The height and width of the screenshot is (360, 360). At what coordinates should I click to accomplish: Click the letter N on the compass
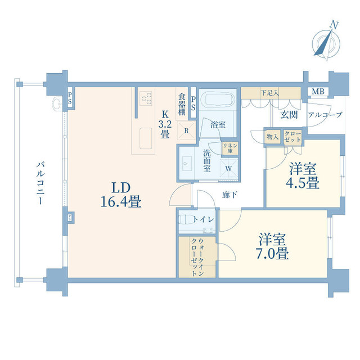tap(334, 25)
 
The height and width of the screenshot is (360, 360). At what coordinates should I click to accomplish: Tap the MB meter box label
tap(318, 92)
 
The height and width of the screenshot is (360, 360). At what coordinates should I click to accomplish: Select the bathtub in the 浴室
tap(217, 100)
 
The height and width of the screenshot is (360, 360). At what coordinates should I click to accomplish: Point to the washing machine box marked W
tap(229, 168)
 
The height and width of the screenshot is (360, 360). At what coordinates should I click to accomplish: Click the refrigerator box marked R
tap(186, 130)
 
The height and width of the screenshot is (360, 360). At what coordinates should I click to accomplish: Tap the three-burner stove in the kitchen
tap(146, 98)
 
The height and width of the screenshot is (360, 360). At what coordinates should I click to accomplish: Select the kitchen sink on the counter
tap(146, 138)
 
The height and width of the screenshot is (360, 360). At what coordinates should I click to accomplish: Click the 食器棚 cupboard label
tap(182, 104)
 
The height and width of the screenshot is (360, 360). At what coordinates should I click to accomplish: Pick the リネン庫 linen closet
tap(229, 148)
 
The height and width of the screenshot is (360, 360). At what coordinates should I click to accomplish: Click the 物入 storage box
tap(272, 137)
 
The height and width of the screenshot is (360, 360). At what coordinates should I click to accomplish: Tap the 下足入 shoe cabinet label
tap(270, 93)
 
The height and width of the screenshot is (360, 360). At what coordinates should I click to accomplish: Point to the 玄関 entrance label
tap(289, 115)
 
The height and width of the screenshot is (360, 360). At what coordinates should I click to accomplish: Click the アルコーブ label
tap(325, 115)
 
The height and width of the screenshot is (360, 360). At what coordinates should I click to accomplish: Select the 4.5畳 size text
tap(303, 183)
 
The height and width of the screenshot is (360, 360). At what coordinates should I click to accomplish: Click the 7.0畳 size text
tap(272, 253)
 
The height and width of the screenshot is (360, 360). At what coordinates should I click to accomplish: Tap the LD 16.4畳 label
tap(121, 195)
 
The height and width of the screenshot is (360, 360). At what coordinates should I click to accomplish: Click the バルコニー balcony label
tap(40, 183)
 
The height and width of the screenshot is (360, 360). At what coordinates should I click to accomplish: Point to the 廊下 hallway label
tap(229, 195)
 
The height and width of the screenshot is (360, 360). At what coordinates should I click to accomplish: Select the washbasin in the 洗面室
tap(187, 164)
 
